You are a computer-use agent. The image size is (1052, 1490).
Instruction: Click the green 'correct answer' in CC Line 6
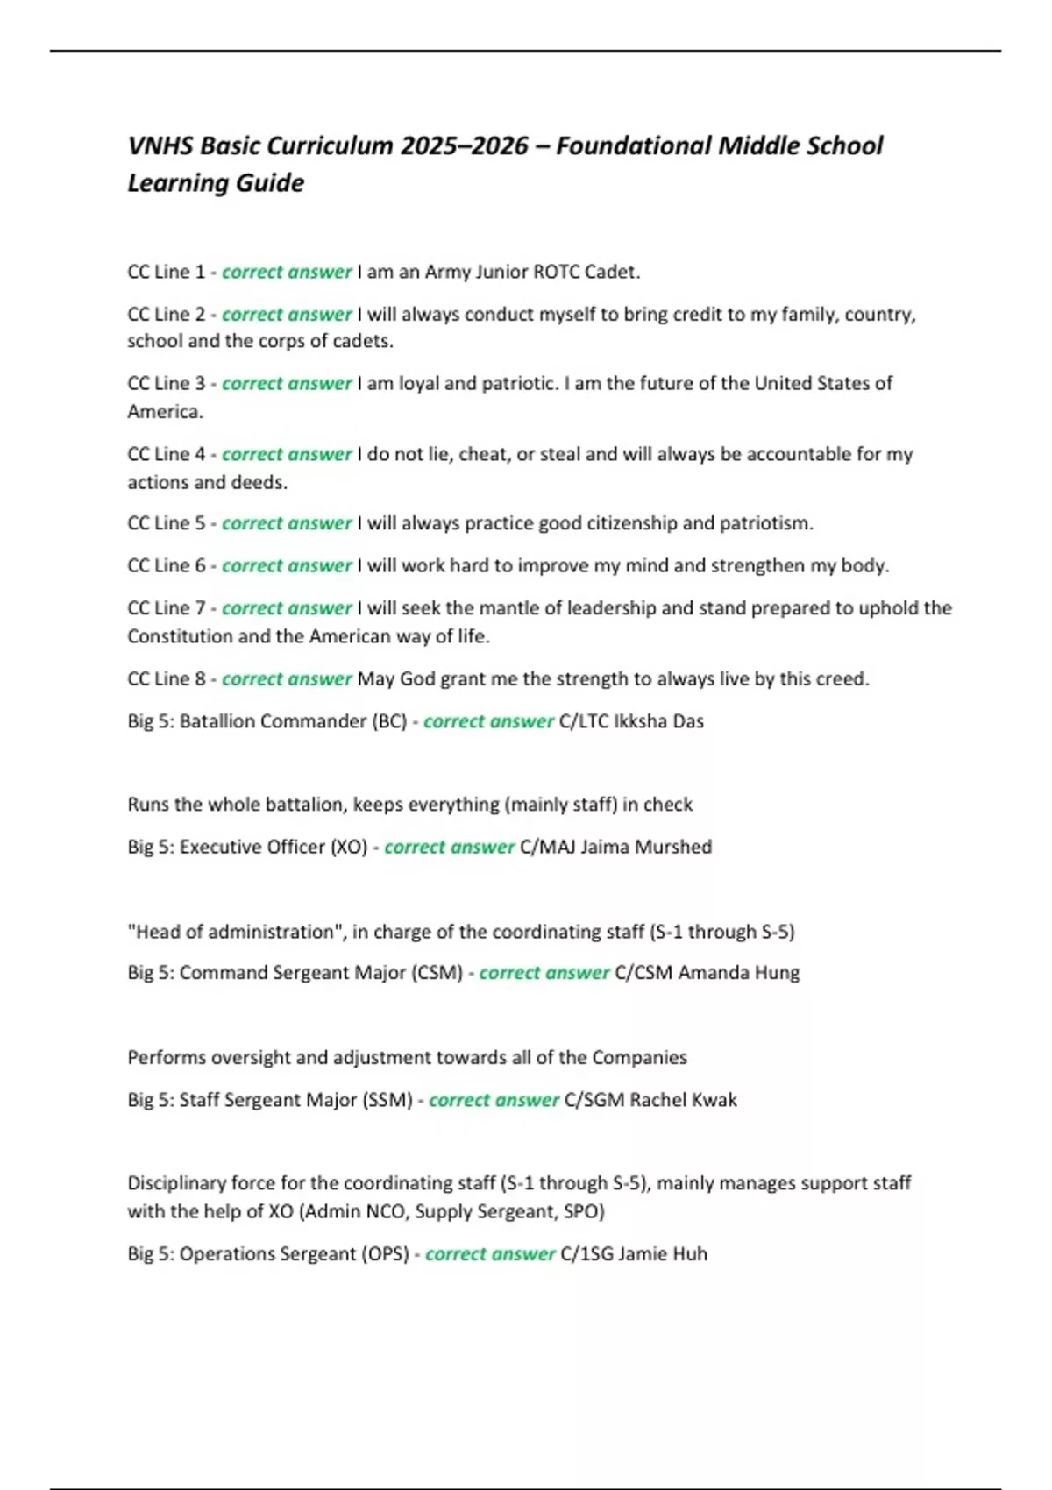287,566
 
